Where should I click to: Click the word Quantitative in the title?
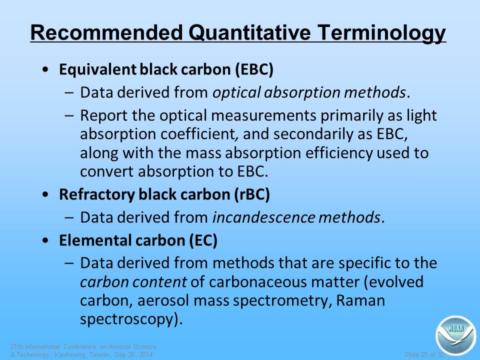(x=249, y=33)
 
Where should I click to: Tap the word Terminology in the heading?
(x=381, y=33)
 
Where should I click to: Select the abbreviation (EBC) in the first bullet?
(x=254, y=69)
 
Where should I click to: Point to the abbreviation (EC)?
(x=203, y=240)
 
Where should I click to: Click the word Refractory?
(x=96, y=194)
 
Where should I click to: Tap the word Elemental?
(x=95, y=240)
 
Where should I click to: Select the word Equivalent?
(x=97, y=70)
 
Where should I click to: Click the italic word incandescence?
(x=263, y=217)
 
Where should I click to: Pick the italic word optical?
(x=236, y=93)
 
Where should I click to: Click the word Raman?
(x=360, y=300)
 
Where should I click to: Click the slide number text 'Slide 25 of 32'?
(x=424, y=355)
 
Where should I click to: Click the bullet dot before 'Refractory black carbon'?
(x=45, y=194)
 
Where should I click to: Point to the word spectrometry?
(x=282, y=301)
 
